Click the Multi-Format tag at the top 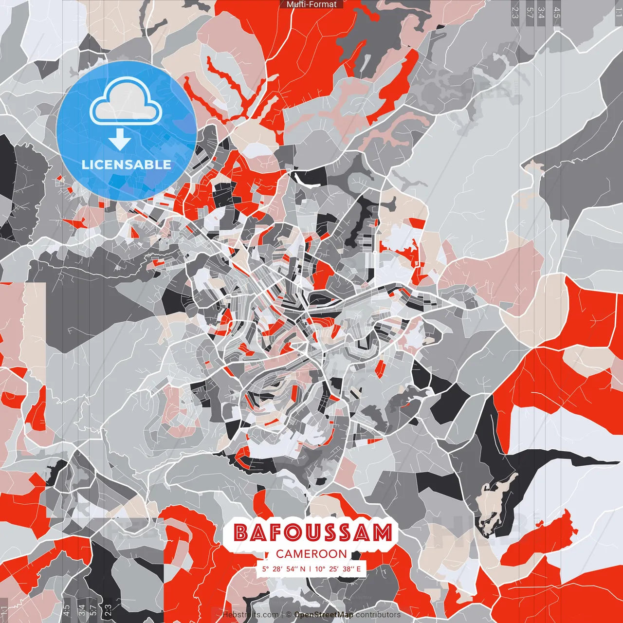(311, 4)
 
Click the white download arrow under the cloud (119, 140)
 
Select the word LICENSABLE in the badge (126, 165)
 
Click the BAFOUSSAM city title (312, 533)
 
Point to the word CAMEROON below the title (311, 554)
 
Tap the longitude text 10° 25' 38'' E (338, 568)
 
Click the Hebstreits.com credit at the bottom (250, 615)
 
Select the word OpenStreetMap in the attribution (324, 615)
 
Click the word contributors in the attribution (378, 615)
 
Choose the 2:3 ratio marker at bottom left (108, 610)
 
